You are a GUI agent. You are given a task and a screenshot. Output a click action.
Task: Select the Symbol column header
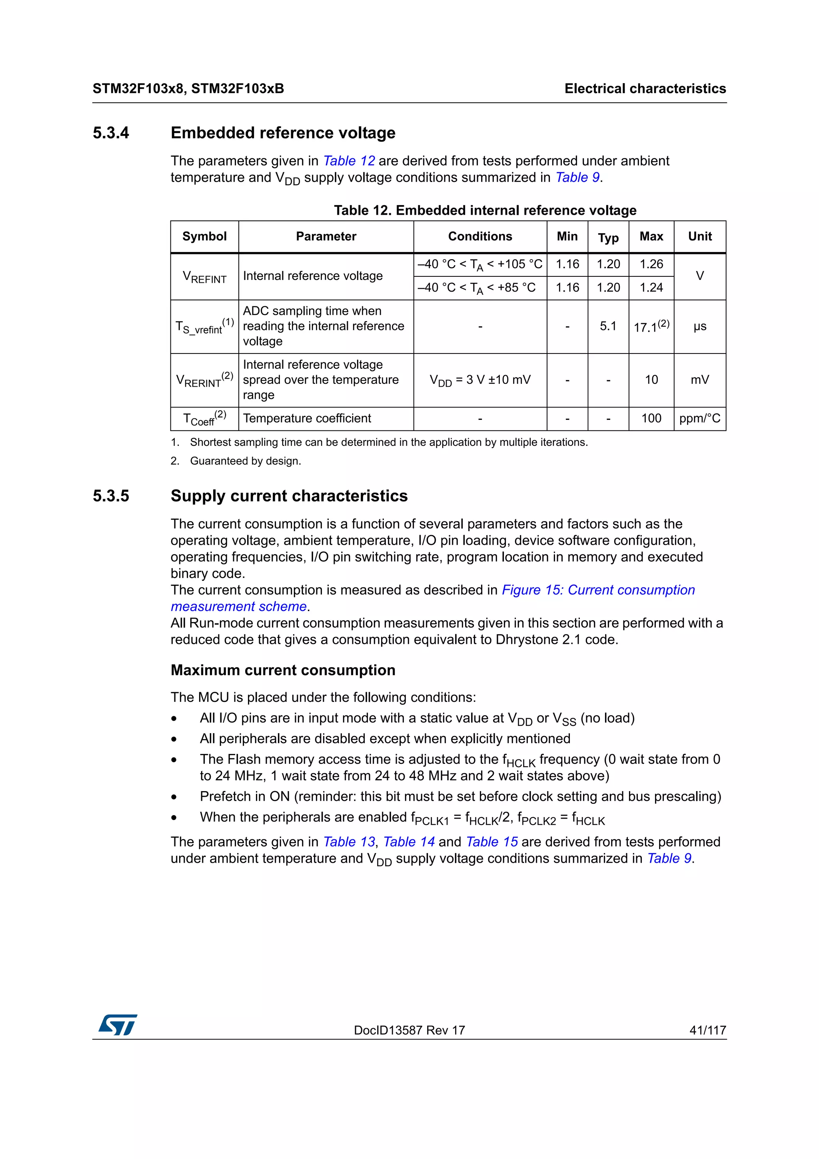click(204, 236)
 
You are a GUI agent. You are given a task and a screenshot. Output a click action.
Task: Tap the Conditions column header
click(480, 236)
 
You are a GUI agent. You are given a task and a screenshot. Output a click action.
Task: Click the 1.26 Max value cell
click(651, 264)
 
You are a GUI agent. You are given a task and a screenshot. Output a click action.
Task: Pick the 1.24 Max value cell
click(651, 288)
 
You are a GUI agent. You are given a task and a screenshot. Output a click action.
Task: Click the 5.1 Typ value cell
click(608, 326)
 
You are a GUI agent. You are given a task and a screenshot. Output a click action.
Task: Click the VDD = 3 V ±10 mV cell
click(480, 380)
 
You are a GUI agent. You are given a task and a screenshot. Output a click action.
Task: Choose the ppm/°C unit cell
click(700, 418)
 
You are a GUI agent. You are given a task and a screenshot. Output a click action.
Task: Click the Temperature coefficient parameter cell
click(307, 418)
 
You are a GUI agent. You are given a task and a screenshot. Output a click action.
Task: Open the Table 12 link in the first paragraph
click(349, 161)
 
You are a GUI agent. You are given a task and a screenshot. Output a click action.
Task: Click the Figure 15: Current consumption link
click(598, 590)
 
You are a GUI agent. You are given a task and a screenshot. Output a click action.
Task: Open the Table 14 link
click(409, 842)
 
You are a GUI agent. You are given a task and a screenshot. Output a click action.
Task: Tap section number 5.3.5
click(111, 496)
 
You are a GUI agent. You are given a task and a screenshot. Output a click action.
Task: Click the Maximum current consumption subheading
click(283, 670)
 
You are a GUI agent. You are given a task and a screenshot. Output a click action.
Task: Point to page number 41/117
click(707, 1030)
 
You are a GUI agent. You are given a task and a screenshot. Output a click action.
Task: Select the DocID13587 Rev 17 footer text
click(409, 1030)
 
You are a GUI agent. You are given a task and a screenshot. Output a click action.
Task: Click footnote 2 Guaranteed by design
click(245, 461)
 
